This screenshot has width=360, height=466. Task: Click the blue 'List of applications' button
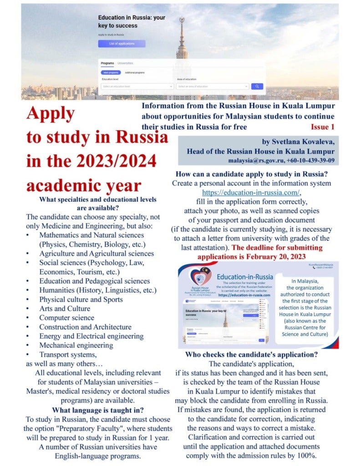point(122,44)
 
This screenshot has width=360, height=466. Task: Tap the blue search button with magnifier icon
point(257,86)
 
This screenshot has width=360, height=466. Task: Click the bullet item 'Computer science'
point(66,318)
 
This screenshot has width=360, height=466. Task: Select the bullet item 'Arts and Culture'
point(64,309)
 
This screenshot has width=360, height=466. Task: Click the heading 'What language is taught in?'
point(97,410)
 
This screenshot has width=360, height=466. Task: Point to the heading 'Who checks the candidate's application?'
point(251,355)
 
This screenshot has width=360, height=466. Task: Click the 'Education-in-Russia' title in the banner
point(245,277)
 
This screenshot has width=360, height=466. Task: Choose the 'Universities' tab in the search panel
point(125,63)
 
